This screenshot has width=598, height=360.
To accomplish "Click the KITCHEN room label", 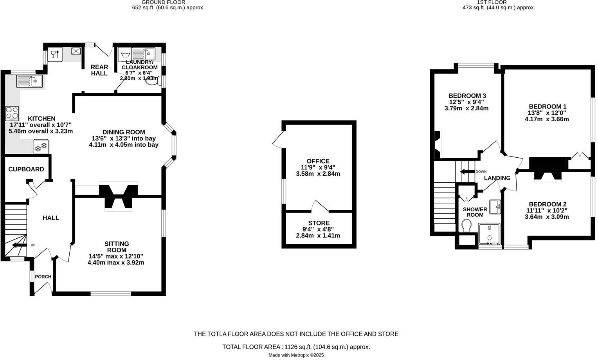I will coord(41,119).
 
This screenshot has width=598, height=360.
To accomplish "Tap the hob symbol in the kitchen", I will coord(12,113).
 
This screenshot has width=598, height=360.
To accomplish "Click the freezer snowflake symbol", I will coord(41,147).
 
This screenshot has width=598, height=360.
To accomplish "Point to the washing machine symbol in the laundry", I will coord(125,54).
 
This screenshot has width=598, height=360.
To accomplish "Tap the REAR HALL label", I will coord(99,70).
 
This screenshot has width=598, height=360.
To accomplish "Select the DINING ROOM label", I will coord(124,132).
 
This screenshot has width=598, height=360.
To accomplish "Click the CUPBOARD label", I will coord(26,169).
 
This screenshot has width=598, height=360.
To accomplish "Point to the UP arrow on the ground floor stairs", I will coord(17,245).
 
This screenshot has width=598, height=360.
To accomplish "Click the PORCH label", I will coord(43,277).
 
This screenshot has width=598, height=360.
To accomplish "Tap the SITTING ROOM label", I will coord(117,247).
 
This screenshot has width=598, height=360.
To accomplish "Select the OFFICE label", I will coord(318,161).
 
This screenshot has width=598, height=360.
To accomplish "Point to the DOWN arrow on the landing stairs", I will coord(467,172).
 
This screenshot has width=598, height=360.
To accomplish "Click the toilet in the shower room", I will coord(466,225).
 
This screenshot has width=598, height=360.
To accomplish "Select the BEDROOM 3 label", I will coord(467,96).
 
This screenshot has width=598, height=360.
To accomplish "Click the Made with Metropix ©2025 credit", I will coord(296,355).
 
